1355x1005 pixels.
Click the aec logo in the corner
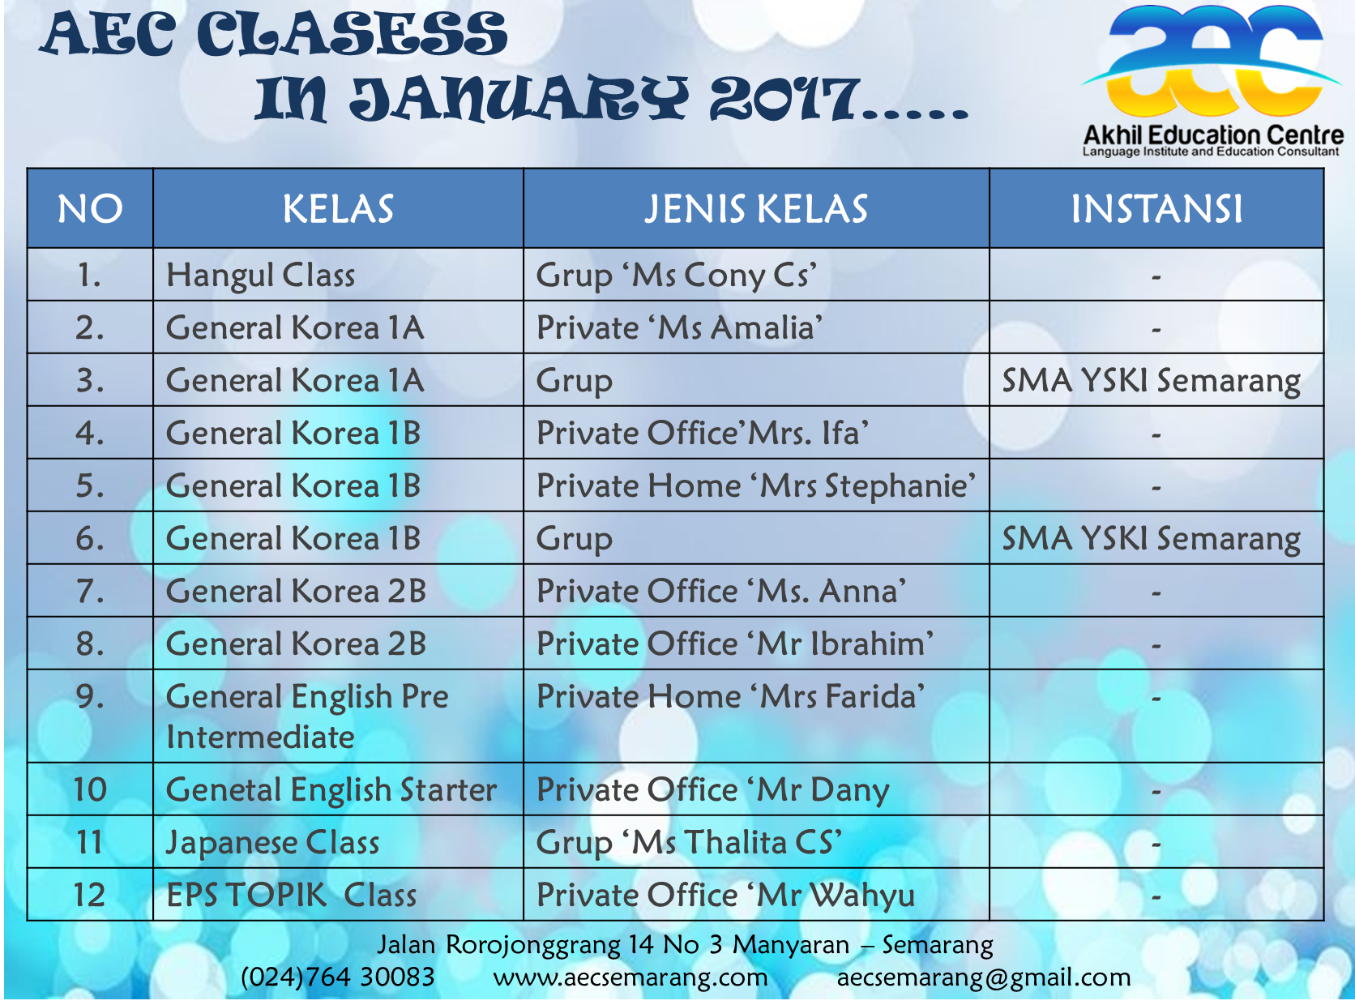tap(1212, 79)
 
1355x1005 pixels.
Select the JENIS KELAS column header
tap(755, 208)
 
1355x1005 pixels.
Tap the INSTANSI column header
tap(1156, 208)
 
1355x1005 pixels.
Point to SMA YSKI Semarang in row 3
tap(1152, 381)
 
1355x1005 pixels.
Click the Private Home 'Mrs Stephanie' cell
tap(756, 486)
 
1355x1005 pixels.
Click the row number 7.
tap(90, 592)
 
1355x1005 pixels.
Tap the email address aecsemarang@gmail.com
tap(984, 977)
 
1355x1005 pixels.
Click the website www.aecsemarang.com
tap(630, 977)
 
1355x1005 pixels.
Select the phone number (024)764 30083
tap(338, 977)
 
